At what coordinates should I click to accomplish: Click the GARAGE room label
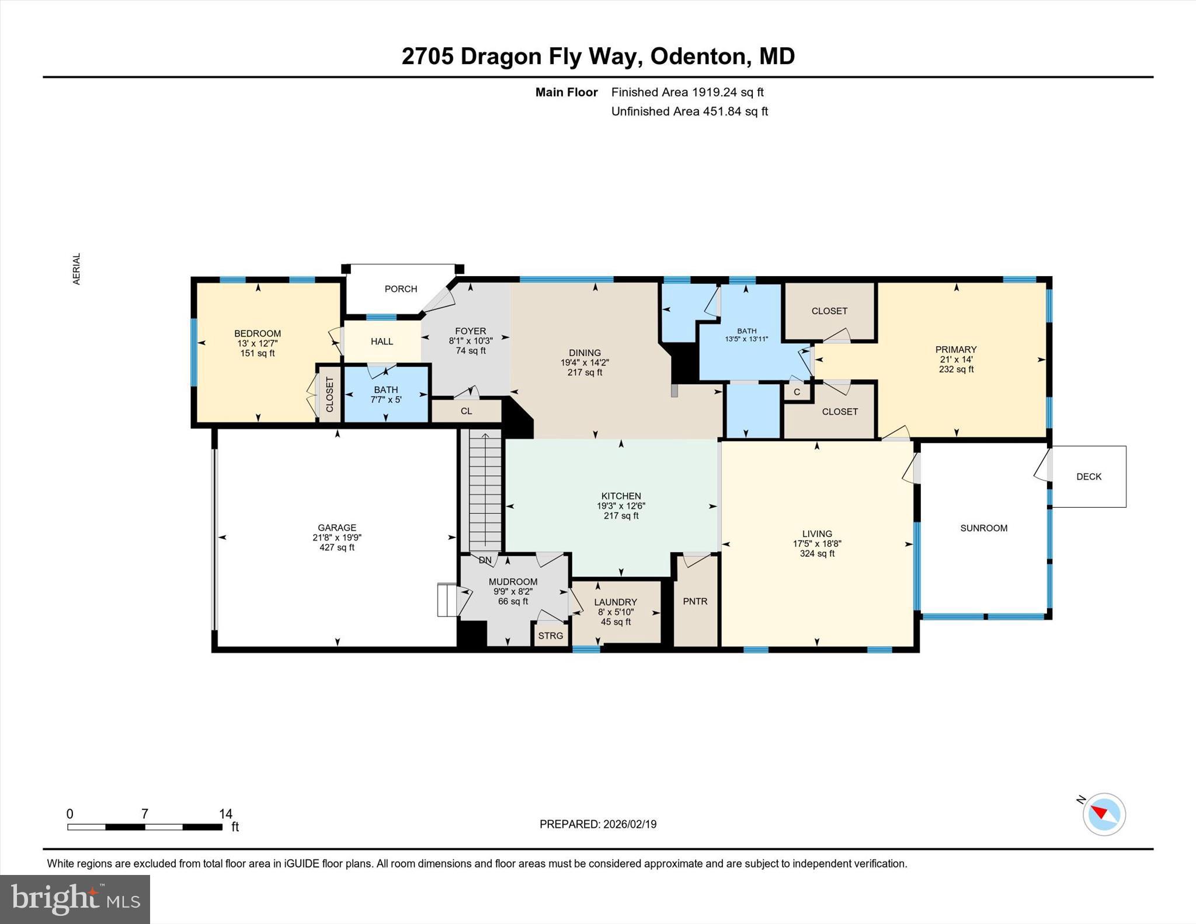click(x=337, y=528)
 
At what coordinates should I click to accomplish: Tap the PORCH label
click(x=401, y=289)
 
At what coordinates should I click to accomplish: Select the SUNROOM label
click(x=983, y=528)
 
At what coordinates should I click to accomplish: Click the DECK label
click(x=1089, y=477)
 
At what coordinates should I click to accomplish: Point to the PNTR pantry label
click(x=695, y=601)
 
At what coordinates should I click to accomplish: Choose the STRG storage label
click(x=550, y=636)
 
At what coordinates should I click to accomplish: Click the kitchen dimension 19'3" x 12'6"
click(x=621, y=506)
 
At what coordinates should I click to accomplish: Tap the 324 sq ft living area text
click(x=816, y=553)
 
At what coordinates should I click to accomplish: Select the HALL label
click(x=382, y=341)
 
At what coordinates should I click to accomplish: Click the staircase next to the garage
click(x=485, y=490)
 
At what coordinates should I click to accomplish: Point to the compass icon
click(x=1104, y=814)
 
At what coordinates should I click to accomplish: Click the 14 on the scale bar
click(x=225, y=814)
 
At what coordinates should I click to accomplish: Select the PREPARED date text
click(x=597, y=824)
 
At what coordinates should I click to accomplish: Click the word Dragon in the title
click(x=500, y=57)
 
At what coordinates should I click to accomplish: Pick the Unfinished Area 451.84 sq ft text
click(x=689, y=111)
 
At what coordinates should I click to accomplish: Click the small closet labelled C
click(x=797, y=392)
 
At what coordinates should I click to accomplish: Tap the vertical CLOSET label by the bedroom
click(x=329, y=395)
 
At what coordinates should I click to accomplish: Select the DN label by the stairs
click(x=485, y=560)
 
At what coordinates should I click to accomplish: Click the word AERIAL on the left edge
click(x=77, y=269)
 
